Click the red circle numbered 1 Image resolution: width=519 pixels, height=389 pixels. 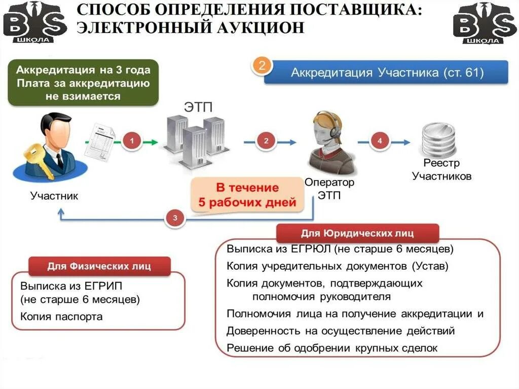click(x=132, y=142)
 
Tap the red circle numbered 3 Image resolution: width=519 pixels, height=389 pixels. click(x=175, y=218)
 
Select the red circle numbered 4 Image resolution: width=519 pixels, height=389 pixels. click(x=380, y=142)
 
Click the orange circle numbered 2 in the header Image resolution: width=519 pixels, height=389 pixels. click(x=262, y=66)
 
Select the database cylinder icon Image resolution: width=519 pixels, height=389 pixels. click(x=438, y=139)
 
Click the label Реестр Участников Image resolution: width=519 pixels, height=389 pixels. click(x=441, y=170)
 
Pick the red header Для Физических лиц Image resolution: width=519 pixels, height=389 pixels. click(x=99, y=266)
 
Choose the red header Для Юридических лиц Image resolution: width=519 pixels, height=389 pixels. click(x=357, y=233)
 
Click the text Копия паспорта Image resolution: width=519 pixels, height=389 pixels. click(x=61, y=316)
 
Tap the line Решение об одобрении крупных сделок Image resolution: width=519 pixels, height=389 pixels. click(x=331, y=348)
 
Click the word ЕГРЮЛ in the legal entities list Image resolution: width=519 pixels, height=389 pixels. click(x=311, y=250)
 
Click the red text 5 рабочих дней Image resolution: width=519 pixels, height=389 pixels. click(x=247, y=203)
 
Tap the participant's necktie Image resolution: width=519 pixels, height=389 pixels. click(x=60, y=160)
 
